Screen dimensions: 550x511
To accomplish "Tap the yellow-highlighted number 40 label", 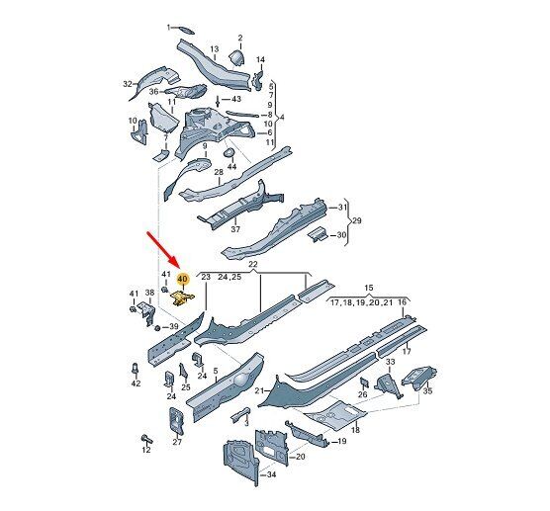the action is (x=183, y=279).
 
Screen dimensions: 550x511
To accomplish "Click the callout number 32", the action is (x=128, y=84).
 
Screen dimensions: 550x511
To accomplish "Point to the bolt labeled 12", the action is (x=146, y=439).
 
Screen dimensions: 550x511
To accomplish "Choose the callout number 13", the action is (x=215, y=49).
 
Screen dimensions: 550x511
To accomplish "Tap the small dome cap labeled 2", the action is (x=237, y=58).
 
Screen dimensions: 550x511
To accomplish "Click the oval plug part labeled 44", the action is (x=229, y=152).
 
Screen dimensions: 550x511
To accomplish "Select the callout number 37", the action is (x=235, y=229).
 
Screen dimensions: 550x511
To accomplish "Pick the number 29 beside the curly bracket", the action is (x=356, y=220).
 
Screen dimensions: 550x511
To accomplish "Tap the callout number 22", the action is (x=253, y=264).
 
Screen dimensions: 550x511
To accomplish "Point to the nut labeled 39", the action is (x=157, y=328).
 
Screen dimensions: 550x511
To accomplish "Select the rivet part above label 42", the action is (x=136, y=369).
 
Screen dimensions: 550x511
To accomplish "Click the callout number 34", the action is (x=271, y=474).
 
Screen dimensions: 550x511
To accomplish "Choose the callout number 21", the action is (x=259, y=390).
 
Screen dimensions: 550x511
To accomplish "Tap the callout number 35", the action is (x=427, y=390).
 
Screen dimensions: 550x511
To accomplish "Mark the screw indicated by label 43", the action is (x=218, y=102).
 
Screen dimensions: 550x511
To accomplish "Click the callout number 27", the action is (x=177, y=442).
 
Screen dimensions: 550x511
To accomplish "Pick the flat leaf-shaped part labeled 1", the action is (x=185, y=30).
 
